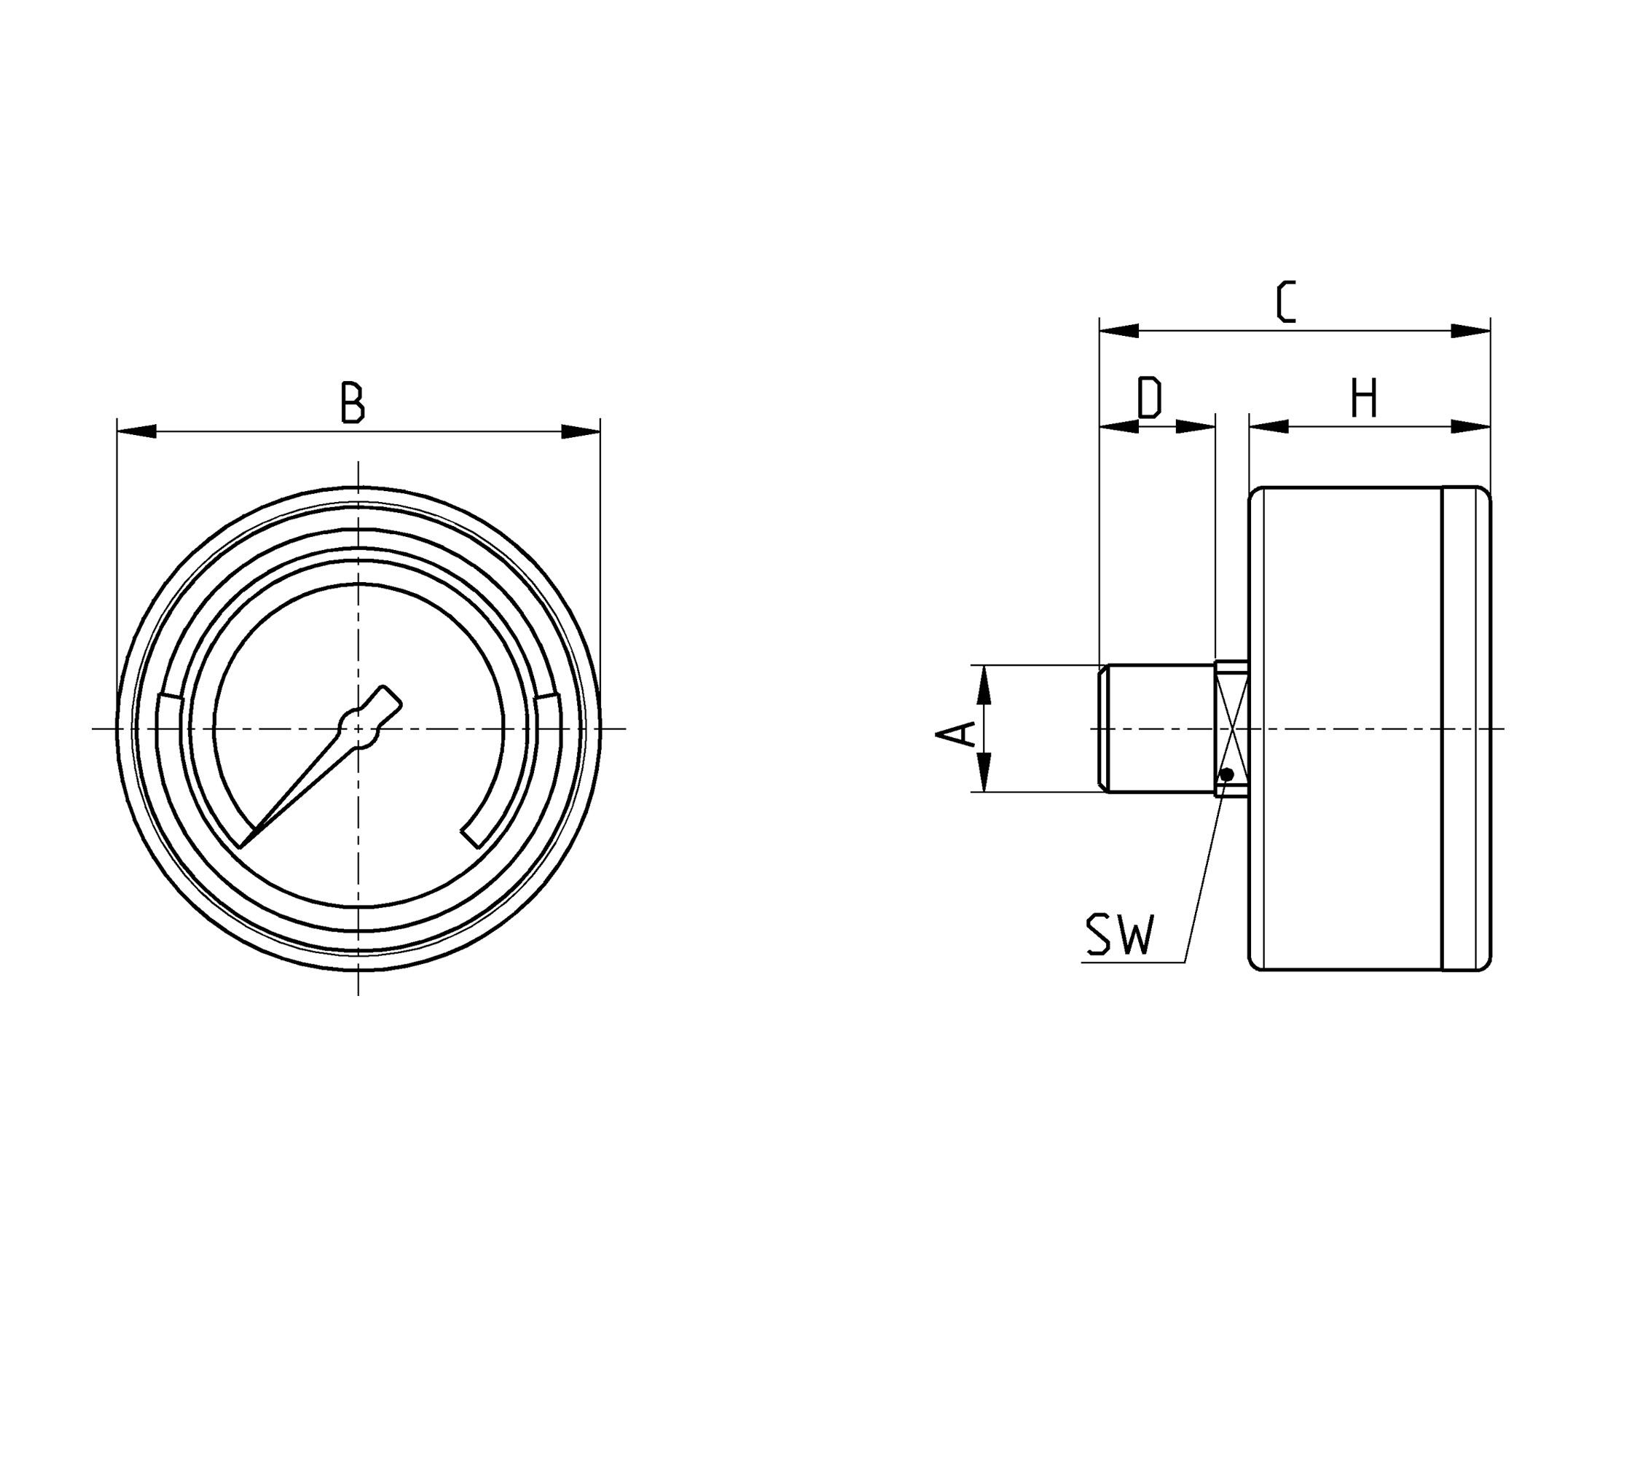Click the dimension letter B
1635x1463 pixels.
pos(353,402)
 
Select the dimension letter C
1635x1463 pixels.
pos(1286,302)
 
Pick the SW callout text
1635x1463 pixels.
pos(1120,934)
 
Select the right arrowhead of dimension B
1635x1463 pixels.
pos(581,431)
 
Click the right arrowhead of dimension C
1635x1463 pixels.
pos(1471,330)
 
